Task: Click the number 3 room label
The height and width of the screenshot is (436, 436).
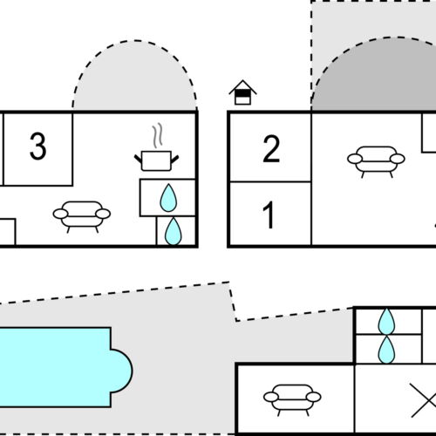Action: pos(37,146)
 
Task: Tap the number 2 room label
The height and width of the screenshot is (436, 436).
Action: pos(271,149)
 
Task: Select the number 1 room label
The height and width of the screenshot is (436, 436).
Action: pos(269,215)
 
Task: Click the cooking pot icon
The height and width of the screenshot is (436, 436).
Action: pos(156,160)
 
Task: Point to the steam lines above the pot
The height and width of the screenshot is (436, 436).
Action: pos(157,135)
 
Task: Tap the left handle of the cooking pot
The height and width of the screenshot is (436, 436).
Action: pos(138,160)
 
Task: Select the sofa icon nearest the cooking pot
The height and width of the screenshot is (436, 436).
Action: pos(82,216)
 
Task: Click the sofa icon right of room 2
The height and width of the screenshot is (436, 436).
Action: pos(376,161)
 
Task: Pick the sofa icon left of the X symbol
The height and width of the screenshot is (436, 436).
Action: pos(292,399)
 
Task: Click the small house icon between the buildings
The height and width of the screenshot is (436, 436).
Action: pos(242,92)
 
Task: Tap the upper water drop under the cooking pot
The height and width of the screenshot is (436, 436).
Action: pos(168,198)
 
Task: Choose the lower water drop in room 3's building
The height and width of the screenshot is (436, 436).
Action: pos(174,231)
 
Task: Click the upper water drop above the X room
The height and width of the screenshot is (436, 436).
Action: pos(386,321)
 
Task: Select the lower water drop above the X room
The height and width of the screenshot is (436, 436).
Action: pos(386,350)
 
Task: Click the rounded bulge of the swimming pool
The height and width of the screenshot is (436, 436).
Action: pos(122,371)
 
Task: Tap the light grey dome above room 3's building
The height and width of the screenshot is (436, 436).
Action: pos(135,78)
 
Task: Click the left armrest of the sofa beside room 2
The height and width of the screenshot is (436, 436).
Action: pos(355,159)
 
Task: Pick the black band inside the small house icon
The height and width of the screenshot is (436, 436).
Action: pos(242,93)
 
